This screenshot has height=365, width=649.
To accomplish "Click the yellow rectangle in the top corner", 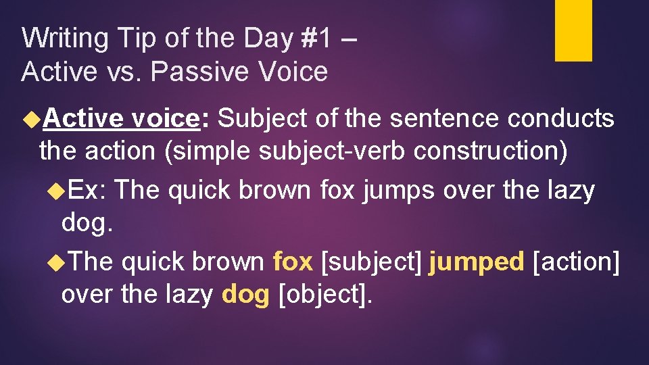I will (x=573, y=30).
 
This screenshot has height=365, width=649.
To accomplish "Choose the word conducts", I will (x=560, y=118).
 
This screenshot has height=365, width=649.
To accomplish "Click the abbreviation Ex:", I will (x=87, y=191).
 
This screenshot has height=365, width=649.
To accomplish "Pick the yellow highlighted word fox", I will (x=293, y=262).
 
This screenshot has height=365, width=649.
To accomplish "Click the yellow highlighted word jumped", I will (x=477, y=262).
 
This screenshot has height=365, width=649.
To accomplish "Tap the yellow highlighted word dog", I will (x=245, y=295).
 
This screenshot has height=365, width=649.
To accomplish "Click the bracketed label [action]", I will (x=576, y=262).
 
